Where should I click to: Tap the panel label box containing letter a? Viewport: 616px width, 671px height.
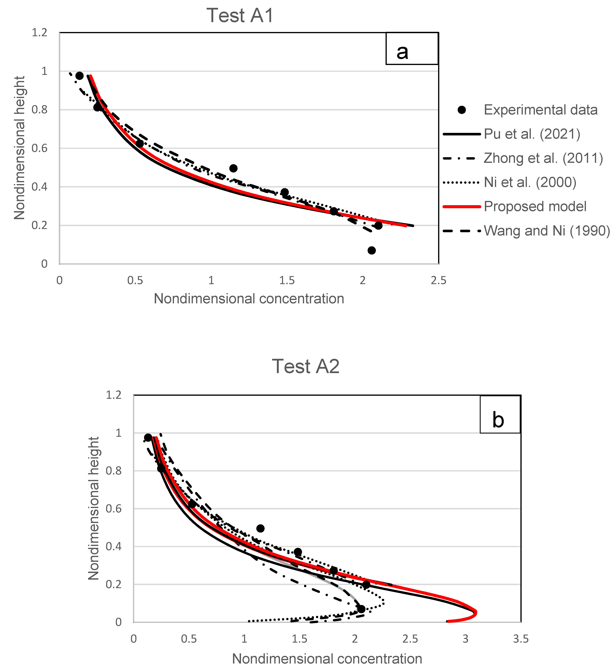click(x=412, y=49)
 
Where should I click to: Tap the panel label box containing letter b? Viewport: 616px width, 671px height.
click(x=500, y=414)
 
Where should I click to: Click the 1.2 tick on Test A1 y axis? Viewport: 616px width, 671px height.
click(x=39, y=33)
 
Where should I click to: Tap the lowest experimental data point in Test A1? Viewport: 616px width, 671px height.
click(x=372, y=250)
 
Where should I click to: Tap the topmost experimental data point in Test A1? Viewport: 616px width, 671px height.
click(x=79, y=76)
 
